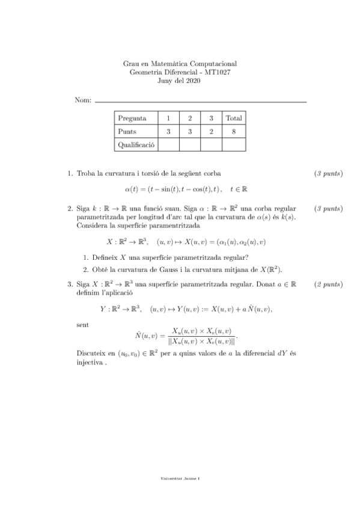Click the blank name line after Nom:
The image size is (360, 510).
click(x=201, y=102)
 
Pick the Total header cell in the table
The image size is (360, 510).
click(x=233, y=118)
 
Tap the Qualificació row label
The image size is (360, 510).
click(x=136, y=145)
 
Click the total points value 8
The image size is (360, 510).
click(x=233, y=131)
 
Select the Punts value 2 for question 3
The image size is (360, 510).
click(x=211, y=131)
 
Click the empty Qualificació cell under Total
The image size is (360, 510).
click(x=233, y=145)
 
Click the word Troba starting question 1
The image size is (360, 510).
click(x=87, y=174)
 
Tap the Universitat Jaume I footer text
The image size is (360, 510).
click(x=180, y=478)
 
